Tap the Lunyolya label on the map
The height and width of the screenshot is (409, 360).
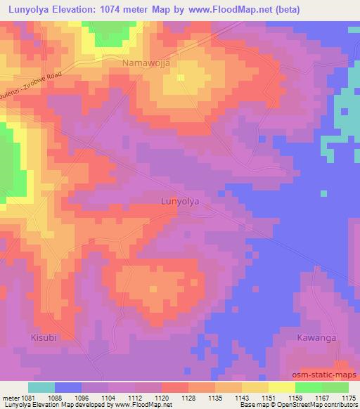click(181, 202)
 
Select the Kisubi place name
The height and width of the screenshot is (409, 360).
click(44, 338)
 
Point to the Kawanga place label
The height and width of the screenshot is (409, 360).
click(316, 338)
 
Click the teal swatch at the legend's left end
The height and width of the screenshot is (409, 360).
click(41, 387)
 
